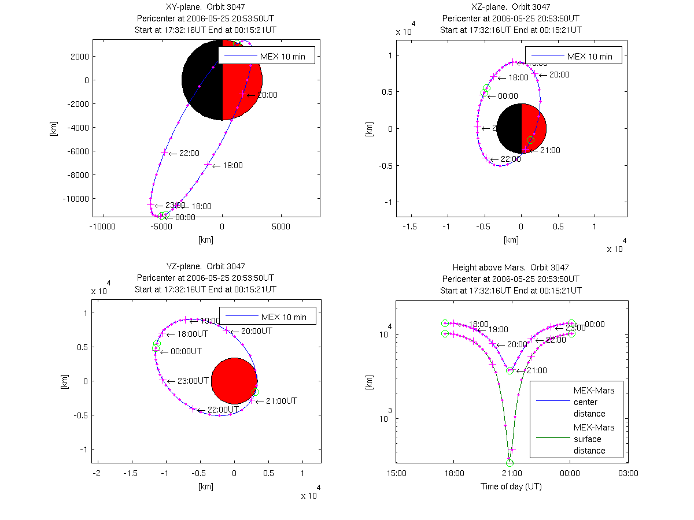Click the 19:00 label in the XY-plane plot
232,166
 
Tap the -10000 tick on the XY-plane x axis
104,226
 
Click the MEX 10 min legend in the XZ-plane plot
573,56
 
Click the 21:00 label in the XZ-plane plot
550,150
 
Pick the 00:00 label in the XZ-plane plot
508,96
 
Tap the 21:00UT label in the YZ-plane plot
282,401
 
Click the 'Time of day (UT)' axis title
511,486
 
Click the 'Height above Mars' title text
511,268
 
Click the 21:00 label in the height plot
536,371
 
